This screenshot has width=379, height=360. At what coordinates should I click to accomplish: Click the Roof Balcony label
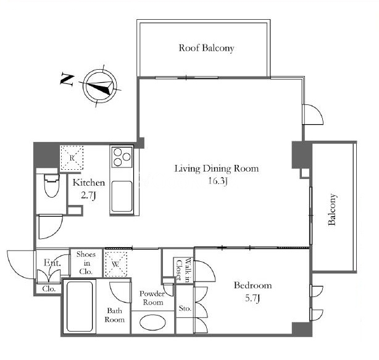(206, 48)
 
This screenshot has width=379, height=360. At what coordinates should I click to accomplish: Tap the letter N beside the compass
(67, 79)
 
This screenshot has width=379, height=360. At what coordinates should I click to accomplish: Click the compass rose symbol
(100, 86)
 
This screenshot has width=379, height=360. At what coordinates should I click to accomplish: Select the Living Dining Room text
(217, 169)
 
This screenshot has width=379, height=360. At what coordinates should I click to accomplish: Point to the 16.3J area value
(218, 181)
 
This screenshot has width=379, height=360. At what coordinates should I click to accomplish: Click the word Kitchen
(89, 183)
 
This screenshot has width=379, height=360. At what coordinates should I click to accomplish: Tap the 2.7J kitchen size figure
(88, 195)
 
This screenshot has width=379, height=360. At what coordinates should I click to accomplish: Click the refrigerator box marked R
(72, 157)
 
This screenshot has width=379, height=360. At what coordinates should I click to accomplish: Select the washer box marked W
(116, 264)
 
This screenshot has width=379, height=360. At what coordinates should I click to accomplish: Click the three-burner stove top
(122, 157)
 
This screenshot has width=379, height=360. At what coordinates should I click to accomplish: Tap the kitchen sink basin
(122, 196)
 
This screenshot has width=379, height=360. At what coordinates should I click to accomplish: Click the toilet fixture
(52, 185)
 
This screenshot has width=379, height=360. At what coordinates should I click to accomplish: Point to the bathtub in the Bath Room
(80, 306)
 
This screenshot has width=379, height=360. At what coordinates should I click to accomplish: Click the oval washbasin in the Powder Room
(152, 322)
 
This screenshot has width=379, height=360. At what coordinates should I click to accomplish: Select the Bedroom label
(253, 285)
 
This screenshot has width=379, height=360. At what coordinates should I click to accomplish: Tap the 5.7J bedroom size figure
(252, 298)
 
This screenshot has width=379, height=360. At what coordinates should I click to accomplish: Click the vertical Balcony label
(332, 209)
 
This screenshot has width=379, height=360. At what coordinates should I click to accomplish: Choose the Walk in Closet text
(183, 270)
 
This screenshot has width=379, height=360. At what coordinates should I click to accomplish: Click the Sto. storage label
(185, 308)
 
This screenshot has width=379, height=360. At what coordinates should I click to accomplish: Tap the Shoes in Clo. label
(86, 263)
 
